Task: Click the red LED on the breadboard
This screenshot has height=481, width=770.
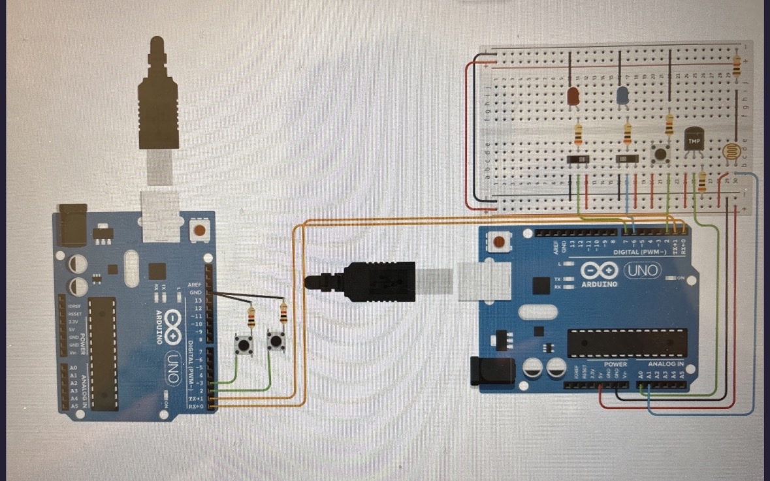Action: (x=573, y=97)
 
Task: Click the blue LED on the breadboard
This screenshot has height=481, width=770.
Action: (x=623, y=97)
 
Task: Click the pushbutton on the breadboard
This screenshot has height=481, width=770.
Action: (x=662, y=155)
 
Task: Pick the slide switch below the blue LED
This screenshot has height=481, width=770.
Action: (x=627, y=159)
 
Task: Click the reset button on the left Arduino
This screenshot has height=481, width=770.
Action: (x=199, y=230)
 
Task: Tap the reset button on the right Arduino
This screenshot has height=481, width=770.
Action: (x=500, y=243)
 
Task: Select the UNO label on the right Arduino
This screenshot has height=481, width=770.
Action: (x=644, y=270)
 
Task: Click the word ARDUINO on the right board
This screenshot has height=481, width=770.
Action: (x=598, y=284)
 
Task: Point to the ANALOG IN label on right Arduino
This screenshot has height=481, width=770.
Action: (x=666, y=364)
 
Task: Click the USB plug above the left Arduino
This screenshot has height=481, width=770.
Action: (x=158, y=98)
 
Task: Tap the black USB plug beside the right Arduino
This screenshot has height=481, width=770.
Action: (x=376, y=281)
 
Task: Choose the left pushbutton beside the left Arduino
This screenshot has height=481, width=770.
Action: (x=244, y=344)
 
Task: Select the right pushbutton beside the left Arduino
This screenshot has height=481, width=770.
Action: (x=276, y=340)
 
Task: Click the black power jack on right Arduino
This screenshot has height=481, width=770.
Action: (x=484, y=371)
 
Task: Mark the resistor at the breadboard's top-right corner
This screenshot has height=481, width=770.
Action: (x=737, y=65)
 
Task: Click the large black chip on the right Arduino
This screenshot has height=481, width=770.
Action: (x=626, y=343)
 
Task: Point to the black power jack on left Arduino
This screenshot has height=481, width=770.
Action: (x=71, y=225)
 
